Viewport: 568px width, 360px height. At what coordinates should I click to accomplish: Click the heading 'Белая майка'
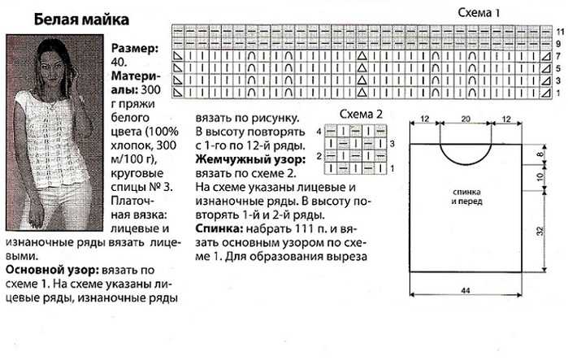click(x=81, y=20)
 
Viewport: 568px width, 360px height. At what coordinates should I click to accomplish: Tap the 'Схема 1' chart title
click(x=479, y=13)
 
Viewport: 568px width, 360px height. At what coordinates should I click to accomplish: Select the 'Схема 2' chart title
click(x=361, y=114)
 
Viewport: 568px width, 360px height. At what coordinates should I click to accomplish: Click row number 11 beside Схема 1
click(x=560, y=32)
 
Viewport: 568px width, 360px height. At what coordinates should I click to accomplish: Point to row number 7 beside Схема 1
click(x=558, y=56)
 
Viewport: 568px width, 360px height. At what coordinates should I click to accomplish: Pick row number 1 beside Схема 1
click(x=558, y=93)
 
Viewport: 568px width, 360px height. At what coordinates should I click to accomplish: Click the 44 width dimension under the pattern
click(x=466, y=290)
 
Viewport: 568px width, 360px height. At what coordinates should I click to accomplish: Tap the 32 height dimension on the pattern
click(x=540, y=231)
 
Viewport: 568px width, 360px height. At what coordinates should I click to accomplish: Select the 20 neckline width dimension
click(x=466, y=119)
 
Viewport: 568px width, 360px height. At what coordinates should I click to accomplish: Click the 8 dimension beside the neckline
click(x=540, y=154)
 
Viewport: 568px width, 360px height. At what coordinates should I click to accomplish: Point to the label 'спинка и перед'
click(x=466, y=197)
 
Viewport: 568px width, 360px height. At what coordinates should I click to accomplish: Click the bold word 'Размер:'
click(x=135, y=48)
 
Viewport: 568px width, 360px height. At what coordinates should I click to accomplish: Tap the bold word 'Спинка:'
click(x=219, y=229)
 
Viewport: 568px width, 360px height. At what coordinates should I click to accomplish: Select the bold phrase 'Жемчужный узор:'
click(x=250, y=159)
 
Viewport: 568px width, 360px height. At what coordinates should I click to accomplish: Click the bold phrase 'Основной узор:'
click(x=52, y=270)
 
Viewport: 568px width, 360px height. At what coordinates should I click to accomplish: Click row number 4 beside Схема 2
click(x=319, y=131)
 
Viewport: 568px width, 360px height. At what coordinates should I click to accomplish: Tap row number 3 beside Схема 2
click(x=392, y=144)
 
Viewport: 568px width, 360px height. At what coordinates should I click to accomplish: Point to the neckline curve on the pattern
click(x=466, y=165)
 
